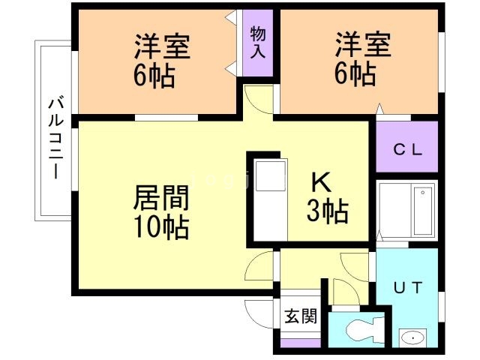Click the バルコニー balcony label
55,137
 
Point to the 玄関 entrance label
300,316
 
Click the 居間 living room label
160,199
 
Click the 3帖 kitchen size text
327,212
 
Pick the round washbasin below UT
412,338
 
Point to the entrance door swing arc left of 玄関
259,314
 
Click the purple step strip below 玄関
300,343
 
